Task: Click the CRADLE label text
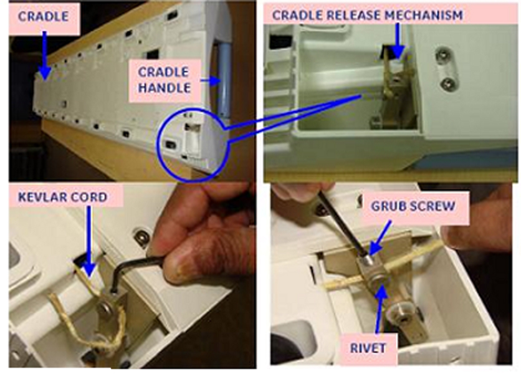pos(43,17)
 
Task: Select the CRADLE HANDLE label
pos(165,80)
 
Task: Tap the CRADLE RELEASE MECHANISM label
pos(367,16)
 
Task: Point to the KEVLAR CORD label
pos(63,197)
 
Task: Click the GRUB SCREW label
pos(413,206)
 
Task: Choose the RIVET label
pos(368,348)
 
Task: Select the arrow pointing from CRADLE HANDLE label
pos(210,80)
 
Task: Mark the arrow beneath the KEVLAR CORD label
pos(88,241)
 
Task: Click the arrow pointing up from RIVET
pos(380,309)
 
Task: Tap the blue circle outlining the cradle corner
pos(160,146)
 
